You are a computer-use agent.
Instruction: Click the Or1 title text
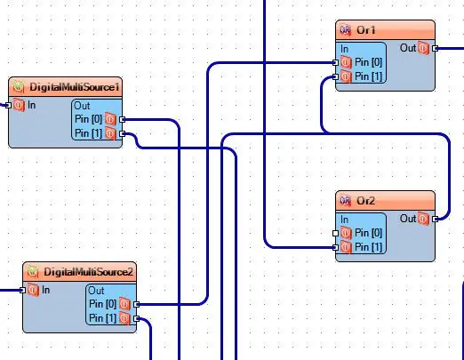(366, 30)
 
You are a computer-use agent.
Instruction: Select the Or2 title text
(366, 201)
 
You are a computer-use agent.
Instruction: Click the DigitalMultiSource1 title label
(75, 87)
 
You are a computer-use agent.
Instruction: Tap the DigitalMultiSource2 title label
(88, 272)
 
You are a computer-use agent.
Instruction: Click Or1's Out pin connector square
(435, 48)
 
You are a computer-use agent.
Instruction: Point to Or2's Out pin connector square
(435, 220)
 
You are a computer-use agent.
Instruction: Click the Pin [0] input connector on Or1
(335, 62)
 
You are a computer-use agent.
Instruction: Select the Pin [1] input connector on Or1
(335, 76)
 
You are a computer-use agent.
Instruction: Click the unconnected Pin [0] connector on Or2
(335, 233)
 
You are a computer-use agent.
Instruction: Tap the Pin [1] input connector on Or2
(335, 247)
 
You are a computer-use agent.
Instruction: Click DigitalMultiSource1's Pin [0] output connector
(122, 119)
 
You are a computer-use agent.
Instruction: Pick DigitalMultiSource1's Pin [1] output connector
(122, 134)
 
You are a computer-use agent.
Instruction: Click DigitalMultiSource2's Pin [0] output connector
(136, 304)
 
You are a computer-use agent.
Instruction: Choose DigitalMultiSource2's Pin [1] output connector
(136, 318)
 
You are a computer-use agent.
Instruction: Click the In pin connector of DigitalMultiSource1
(8, 105)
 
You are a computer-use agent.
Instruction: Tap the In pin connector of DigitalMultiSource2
(22, 290)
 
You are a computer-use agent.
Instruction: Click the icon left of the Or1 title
(345, 30)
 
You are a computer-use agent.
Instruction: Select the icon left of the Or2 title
(345, 201)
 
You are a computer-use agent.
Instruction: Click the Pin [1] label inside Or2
(368, 247)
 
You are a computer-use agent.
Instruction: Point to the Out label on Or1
(408, 48)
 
